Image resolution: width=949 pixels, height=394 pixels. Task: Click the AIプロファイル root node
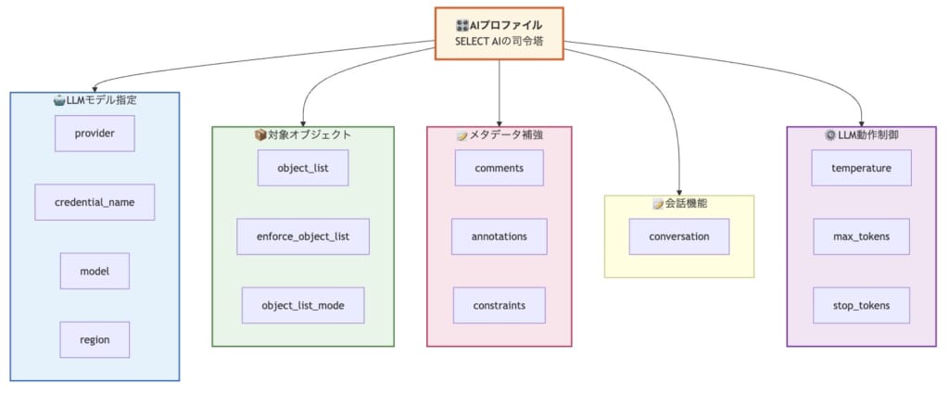[x=499, y=33]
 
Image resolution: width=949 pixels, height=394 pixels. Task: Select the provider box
[x=95, y=133]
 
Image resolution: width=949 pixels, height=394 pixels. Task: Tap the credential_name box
[x=95, y=202]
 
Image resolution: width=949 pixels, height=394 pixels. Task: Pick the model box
[x=95, y=271]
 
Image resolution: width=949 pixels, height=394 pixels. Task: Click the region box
[x=95, y=339]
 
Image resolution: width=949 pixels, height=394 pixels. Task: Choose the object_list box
[x=303, y=168]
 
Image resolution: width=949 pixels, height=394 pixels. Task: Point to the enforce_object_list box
[x=303, y=236]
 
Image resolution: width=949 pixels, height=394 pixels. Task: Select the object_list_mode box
[x=303, y=305]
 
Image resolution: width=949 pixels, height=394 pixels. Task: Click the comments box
[x=499, y=168]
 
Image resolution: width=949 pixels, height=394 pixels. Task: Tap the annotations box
[x=499, y=236]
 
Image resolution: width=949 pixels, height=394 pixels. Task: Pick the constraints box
[x=499, y=305]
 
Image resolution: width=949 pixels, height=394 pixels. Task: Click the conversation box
[x=678, y=236]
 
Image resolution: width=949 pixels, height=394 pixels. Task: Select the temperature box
[x=862, y=168]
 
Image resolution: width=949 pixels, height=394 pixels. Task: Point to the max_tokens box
[x=862, y=236]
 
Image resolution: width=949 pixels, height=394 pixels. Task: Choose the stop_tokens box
[x=862, y=305]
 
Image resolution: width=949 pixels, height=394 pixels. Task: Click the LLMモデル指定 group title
[x=95, y=99]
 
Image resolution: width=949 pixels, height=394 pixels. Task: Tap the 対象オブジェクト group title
[x=303, y=134]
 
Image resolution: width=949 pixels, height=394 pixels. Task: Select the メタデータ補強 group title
[x=499, y=134]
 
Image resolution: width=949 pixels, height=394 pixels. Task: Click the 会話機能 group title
[x=678, y=203]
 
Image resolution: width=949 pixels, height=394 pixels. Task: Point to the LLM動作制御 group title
[x=862, y=134]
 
